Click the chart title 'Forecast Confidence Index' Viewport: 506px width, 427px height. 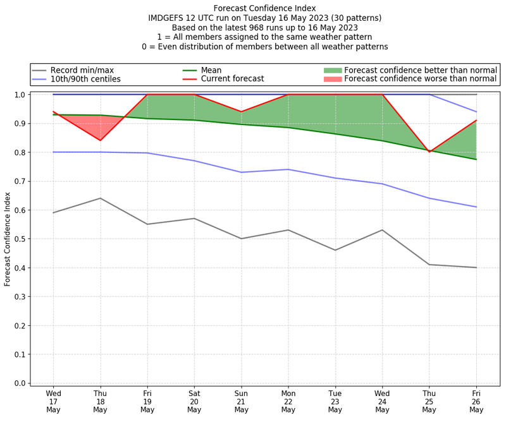coord(265,8)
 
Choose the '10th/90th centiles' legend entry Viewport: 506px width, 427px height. coord(85,79)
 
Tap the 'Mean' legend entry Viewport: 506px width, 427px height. coord(211,70)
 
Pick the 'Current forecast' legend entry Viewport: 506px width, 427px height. coord(232,79)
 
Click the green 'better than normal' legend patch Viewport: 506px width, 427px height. coord(332,70)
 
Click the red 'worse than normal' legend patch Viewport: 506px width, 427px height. coord(332,79)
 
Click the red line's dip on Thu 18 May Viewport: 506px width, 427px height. coord(100,140)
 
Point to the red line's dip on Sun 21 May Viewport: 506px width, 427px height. coord(241,112)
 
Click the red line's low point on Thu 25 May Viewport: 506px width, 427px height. coord(429,152)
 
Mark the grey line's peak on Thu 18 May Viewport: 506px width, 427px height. coord(100,198)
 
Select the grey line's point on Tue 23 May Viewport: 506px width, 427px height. coord(335,250)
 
